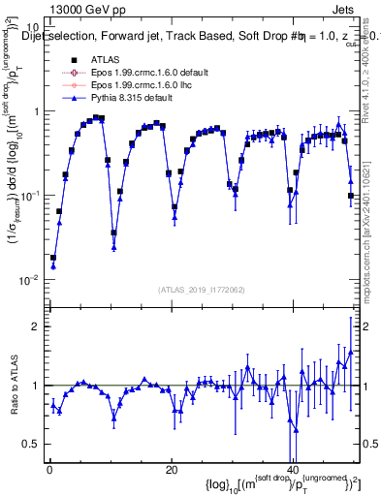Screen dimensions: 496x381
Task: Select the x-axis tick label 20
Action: pos(171,470)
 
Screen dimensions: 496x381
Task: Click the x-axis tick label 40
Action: pos(293,470)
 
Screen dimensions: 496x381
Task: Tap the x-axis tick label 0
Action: pos(48,470)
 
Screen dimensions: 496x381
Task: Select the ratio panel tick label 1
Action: pos(37,386)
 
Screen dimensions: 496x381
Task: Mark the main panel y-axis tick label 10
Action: pos(33,27)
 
